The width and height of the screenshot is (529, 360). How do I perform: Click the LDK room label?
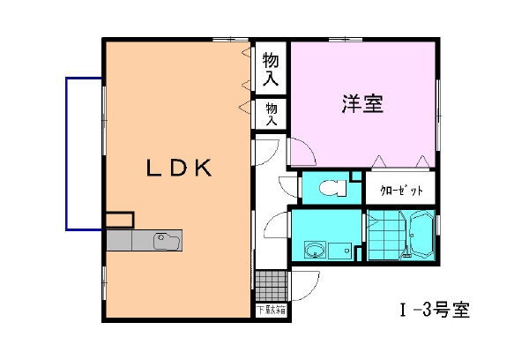pos(178,168)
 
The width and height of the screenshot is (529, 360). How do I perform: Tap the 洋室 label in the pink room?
pos(361,104)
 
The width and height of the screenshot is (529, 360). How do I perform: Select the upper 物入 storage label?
pos(271,69)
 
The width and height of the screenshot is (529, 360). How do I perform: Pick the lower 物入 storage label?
pos(271,113)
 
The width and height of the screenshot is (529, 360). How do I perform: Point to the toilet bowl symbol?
pos(330,188)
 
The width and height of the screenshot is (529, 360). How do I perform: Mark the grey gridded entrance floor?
pos(271,285)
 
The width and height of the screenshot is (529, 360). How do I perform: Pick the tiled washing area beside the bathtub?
pos(384,237)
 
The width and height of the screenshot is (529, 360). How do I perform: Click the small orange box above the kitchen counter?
pos(119,220)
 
